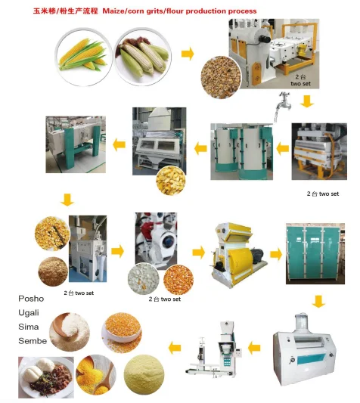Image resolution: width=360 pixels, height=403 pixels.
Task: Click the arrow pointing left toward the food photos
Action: (x=174, y=349)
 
